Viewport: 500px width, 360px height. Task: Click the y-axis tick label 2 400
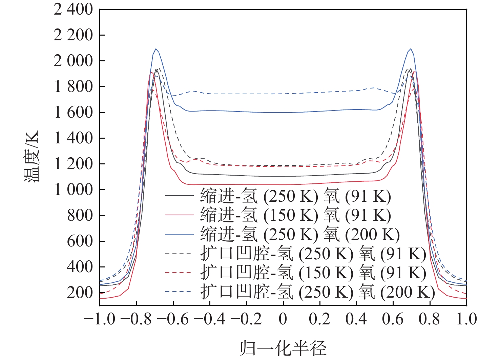[x=73, y=9]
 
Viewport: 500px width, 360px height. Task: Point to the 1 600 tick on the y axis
[x=73, y=113]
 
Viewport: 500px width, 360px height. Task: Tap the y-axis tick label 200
[x=80, y=293]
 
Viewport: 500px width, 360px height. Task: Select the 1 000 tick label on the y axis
[x=73, y=190]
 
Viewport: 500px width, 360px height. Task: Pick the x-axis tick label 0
[x=283, y=319]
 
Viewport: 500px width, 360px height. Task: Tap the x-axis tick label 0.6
[x=393, y=319]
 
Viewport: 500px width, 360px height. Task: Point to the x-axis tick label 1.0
[x=466, y=319]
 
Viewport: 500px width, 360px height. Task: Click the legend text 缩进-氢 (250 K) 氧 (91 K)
[x=295, y=197]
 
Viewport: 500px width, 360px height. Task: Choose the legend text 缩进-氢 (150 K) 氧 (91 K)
[x=295, y=216]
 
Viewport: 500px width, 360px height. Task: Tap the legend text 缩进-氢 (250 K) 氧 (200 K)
[x=300, y=235]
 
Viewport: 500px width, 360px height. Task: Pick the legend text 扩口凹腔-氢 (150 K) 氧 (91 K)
[x=313, y=273]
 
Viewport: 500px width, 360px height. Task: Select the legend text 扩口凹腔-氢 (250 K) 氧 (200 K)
[x=317, y=292]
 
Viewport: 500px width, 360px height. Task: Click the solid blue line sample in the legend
[x=179, y=235]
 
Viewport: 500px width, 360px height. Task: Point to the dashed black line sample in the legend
[x=179, y=254]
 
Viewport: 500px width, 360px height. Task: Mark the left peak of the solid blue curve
[x=156, y=49]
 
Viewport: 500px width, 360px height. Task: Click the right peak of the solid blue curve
[x=411, y=49]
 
